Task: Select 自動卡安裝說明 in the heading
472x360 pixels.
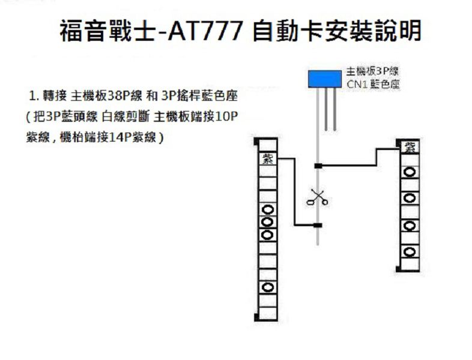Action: coord(336,31)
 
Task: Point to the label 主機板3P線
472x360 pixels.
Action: coord(373,70)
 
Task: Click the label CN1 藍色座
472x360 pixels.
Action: coord(373,85)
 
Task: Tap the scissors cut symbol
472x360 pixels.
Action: coord(317,197)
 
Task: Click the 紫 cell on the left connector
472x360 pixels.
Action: coord(267,158)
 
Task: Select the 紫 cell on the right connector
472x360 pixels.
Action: coord(410,147)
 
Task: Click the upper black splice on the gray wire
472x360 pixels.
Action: coord(318,165)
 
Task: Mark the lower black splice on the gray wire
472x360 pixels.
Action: coord(318,225)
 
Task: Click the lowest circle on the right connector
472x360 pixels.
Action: coord(410,251)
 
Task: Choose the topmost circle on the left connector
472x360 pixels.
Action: coord(267,211)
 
